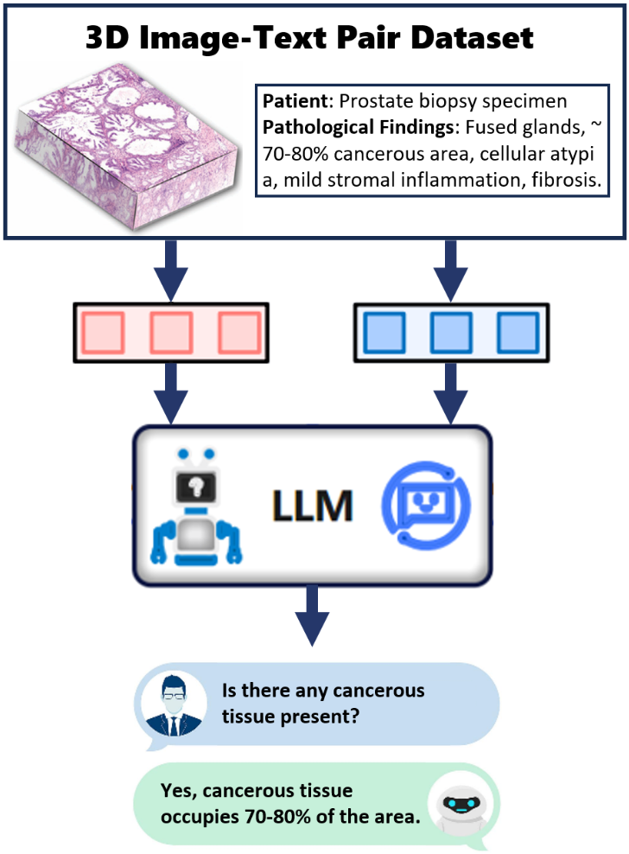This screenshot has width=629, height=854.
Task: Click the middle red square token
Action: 171,332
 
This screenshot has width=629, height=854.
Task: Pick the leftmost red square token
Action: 103,332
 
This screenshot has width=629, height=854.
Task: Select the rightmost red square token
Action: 238,332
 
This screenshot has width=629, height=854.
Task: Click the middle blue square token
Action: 451,332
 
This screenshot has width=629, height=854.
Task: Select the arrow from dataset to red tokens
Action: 171,268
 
